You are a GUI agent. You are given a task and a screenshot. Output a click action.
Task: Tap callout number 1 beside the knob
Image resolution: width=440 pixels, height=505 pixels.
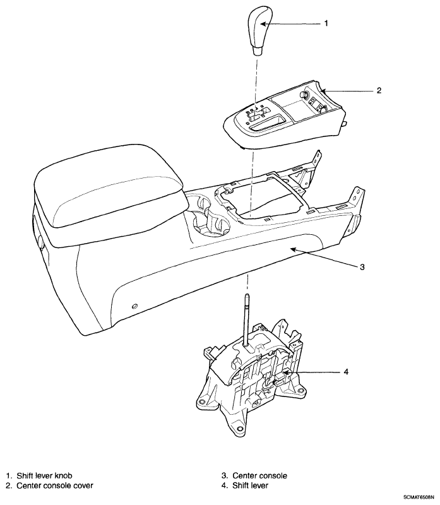pos(326,23)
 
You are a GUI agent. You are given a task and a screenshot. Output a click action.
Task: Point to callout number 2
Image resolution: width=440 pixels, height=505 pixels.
pos(379,90)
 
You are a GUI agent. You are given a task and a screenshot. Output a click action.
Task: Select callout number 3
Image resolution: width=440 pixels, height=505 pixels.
pos(362,267)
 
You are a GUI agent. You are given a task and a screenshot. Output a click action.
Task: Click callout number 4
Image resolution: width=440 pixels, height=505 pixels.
pos(346,372)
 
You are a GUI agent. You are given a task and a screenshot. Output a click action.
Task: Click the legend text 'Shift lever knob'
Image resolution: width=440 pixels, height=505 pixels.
pos(44,475)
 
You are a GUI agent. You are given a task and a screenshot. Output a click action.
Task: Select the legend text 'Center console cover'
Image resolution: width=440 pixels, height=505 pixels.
pos(55,485)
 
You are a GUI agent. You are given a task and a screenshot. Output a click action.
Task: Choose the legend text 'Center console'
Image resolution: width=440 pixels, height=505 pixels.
pos(259,475)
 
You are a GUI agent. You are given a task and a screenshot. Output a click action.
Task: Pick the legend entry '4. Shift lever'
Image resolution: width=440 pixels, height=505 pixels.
pos(245,485)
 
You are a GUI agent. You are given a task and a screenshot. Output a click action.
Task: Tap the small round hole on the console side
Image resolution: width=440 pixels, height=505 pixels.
pos(134,306)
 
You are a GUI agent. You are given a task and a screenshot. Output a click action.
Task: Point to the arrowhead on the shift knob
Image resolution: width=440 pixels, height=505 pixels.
pos(263,24)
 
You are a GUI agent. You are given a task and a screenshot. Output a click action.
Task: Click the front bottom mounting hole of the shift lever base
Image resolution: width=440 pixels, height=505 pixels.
pos(238,429)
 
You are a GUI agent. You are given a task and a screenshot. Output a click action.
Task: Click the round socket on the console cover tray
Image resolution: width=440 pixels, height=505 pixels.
pos(304,94)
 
